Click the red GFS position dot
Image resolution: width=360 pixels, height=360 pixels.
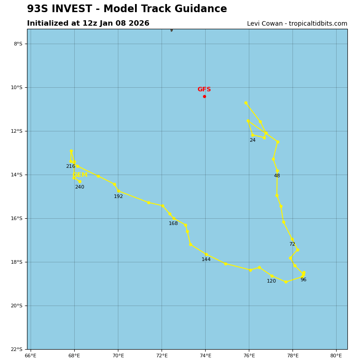[204, 96]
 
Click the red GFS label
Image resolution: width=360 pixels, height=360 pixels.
[204, 90]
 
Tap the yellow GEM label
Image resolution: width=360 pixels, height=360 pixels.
[80, 175]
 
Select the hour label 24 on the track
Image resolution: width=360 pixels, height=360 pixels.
[252, 140]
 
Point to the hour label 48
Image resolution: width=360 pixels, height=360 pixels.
[277, 176]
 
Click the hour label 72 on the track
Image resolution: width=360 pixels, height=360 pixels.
[292, 244]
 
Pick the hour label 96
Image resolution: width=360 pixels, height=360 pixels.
[303, 280]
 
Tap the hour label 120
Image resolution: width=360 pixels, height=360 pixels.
[271, 281]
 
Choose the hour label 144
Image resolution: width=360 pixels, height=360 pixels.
[206, 260]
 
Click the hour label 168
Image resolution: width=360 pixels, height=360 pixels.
[173, 224]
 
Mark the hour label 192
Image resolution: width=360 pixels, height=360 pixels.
[118, 197]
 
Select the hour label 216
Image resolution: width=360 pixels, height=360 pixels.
[71, 166]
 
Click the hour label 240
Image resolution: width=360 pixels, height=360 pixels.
[80, 187]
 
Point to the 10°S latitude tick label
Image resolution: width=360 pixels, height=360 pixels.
[18, 87]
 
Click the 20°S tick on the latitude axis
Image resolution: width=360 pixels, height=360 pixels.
[18, 306]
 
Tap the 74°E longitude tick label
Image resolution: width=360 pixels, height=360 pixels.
[205, 355]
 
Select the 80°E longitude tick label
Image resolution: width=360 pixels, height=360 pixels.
[336, 355]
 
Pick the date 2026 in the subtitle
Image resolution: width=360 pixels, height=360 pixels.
[138, 23]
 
